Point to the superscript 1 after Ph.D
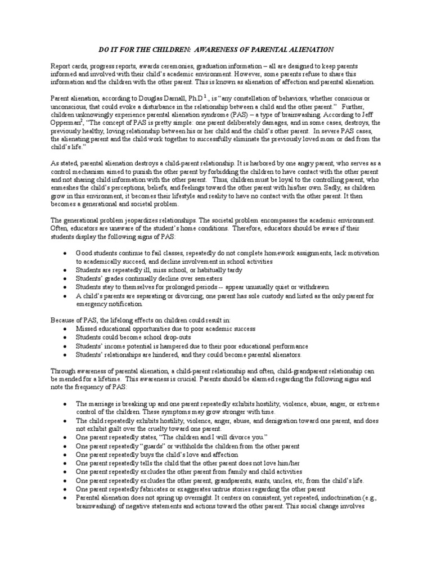(x=206, y=96)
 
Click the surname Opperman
(x=69, y=121)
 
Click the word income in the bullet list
(x=114, y=346)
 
